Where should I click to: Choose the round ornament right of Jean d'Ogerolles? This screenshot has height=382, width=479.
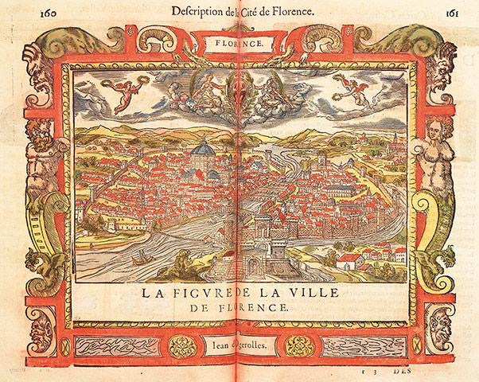coord(300,346)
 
